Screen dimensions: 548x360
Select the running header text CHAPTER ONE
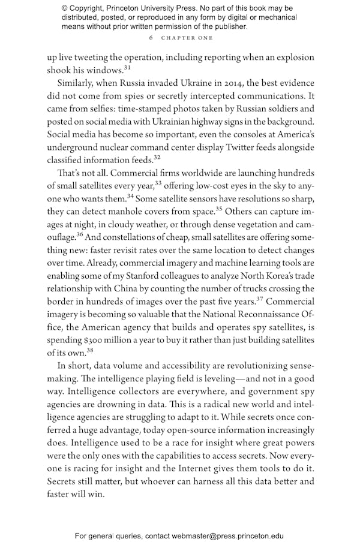[x=187, y=38]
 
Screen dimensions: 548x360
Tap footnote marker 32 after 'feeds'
[x=157, y=158]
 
